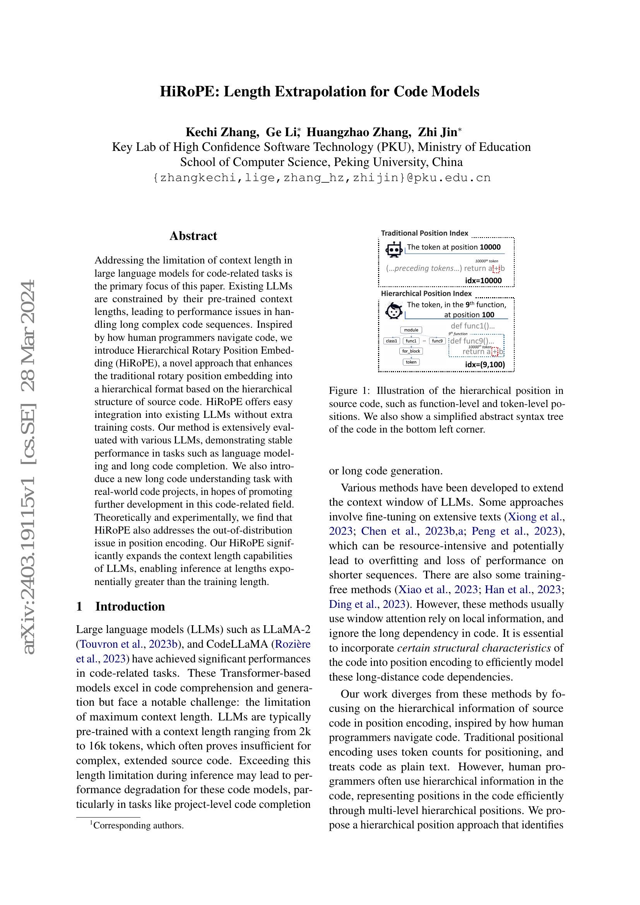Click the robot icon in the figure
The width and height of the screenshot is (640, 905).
(393, 250)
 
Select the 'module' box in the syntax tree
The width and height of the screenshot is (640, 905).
(411, 330)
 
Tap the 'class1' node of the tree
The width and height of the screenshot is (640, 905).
(391, 340)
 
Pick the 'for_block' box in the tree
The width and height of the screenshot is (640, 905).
(411, 351)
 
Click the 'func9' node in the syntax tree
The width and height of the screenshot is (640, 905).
(437, 340)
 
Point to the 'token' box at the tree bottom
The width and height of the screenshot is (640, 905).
(411, 362)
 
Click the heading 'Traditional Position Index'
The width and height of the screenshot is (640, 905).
(424, 233)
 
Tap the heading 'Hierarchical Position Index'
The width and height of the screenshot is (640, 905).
(426, 293)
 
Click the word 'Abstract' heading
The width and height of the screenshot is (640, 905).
(193, 236)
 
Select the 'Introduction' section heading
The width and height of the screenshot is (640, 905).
(130, 606)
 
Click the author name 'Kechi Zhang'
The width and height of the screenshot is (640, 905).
(222, 132)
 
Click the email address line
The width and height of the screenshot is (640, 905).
(321, 178)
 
